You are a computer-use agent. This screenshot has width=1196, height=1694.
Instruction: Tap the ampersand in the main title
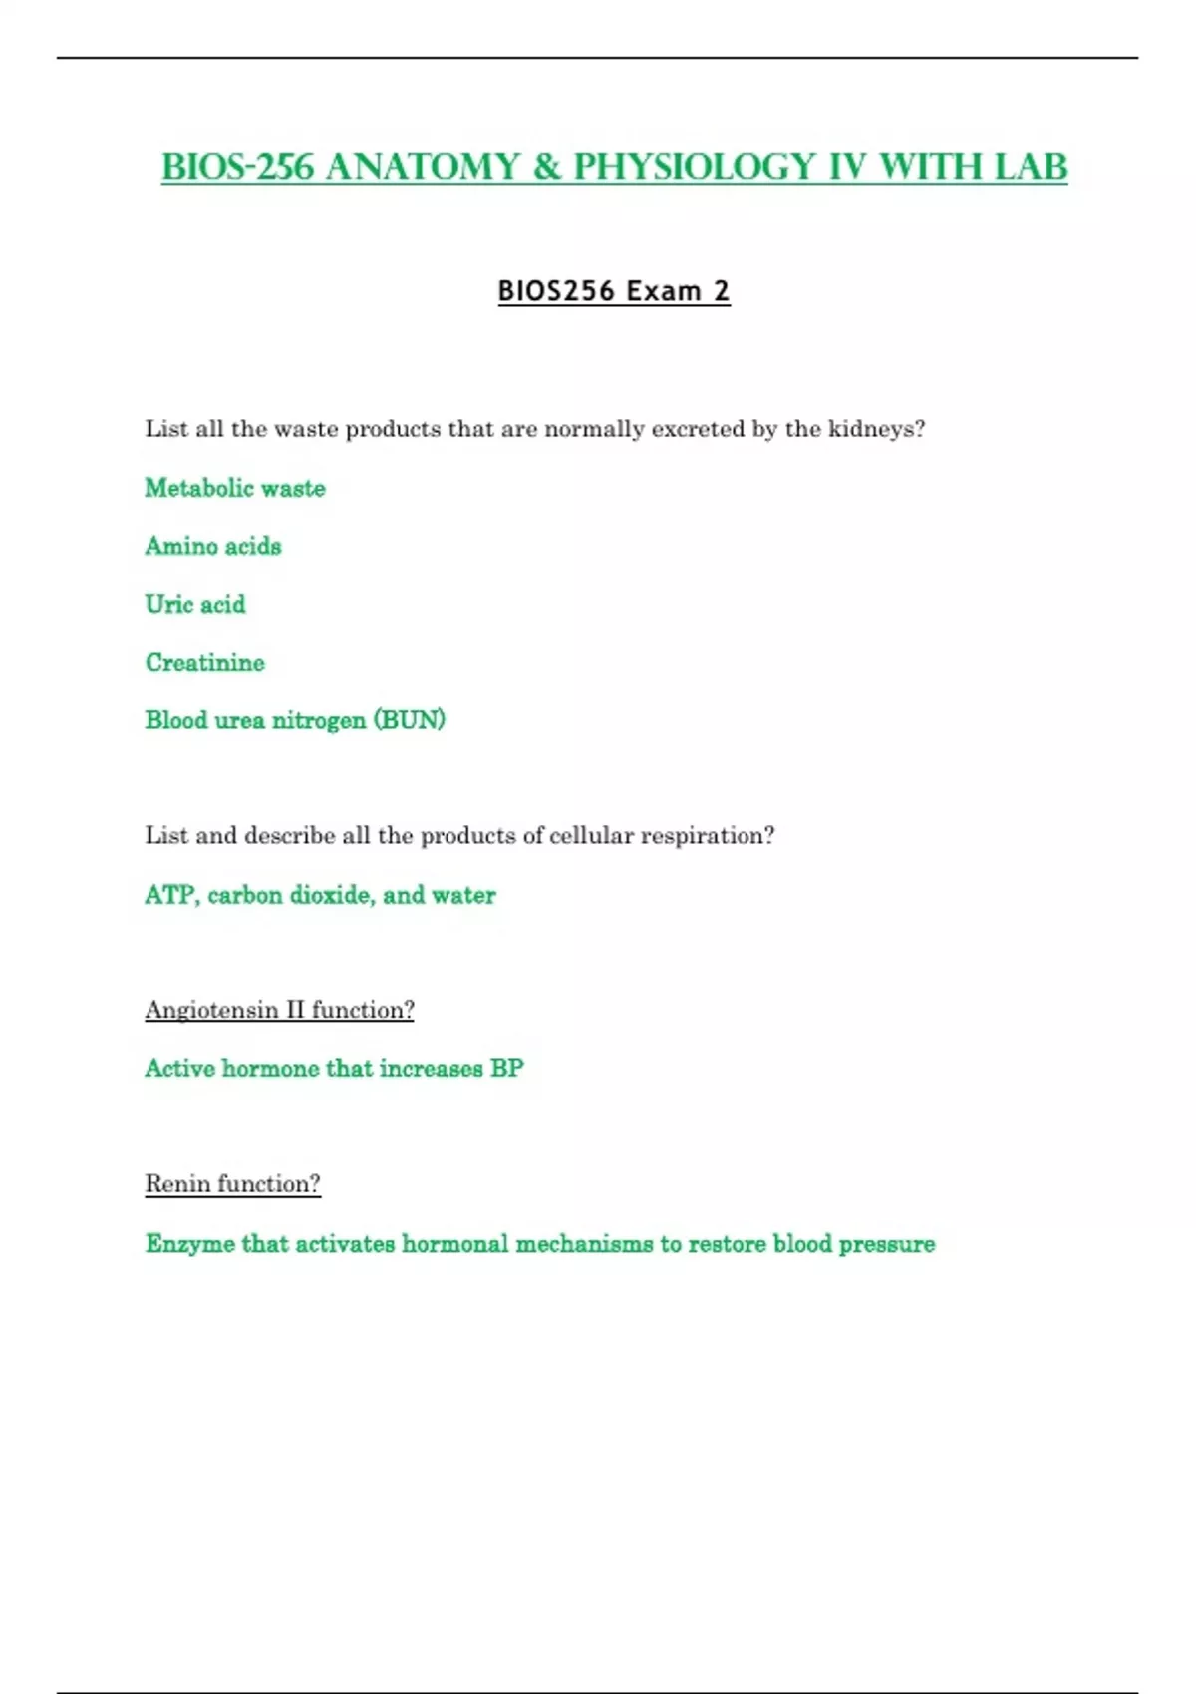click(546, 167)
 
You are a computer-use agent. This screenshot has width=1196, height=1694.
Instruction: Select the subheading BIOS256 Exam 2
click(614, 291)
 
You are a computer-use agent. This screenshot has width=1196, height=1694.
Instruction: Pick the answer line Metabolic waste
click(235, 488)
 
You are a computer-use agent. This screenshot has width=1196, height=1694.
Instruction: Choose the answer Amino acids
click(213, 546)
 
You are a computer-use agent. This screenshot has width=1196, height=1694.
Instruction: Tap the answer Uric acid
click(195, 604)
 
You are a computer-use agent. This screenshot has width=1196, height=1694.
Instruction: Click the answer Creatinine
click(205, 663)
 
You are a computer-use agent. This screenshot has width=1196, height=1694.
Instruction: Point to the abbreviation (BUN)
click(410, 720)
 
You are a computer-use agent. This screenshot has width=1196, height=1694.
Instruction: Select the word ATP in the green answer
click(170, 895)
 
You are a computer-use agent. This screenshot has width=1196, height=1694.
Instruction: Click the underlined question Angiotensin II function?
click(279, 1010)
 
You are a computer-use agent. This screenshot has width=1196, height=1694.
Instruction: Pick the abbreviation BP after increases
click(507, 1069)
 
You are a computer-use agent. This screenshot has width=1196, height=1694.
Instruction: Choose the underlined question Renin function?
click(232, 1184)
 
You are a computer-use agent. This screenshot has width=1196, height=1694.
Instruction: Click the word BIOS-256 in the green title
click(237, 167)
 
